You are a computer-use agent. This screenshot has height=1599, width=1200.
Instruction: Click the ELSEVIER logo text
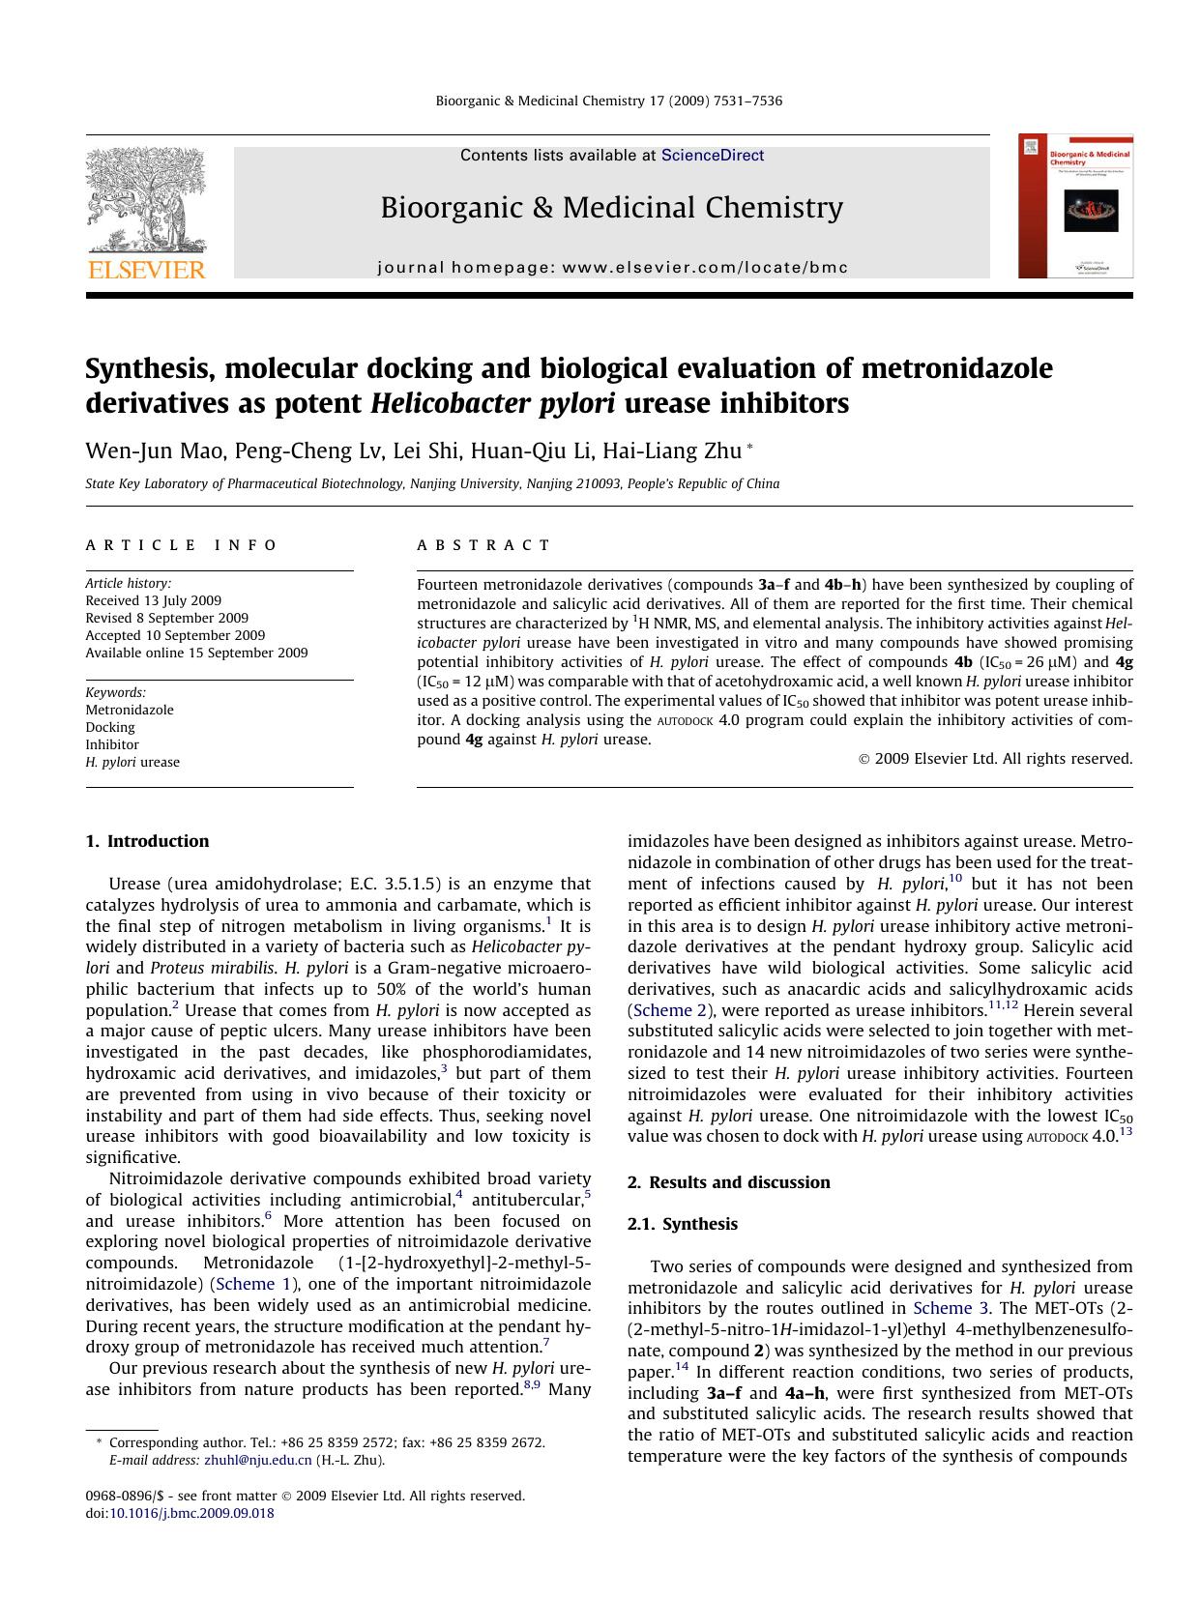pos(147,270)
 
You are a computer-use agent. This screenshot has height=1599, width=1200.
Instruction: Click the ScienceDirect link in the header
pos(712,156)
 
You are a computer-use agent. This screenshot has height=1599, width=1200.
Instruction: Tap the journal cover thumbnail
pos(1075,206)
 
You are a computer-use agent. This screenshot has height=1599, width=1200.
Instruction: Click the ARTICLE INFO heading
pos(182,545)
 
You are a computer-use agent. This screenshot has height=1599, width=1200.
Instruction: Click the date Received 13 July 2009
pos(153,600)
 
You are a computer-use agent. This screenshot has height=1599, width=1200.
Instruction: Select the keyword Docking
pos(110,727)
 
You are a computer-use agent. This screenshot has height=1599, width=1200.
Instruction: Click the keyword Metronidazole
pos(130,710)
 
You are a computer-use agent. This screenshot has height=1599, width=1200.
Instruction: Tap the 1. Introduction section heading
pos(147,841)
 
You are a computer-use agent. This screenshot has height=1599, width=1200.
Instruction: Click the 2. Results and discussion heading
pos(728,1182)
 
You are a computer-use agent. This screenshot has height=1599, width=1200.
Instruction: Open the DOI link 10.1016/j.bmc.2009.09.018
pos(191,1513)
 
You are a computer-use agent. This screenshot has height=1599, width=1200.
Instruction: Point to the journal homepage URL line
pos(612,268)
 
